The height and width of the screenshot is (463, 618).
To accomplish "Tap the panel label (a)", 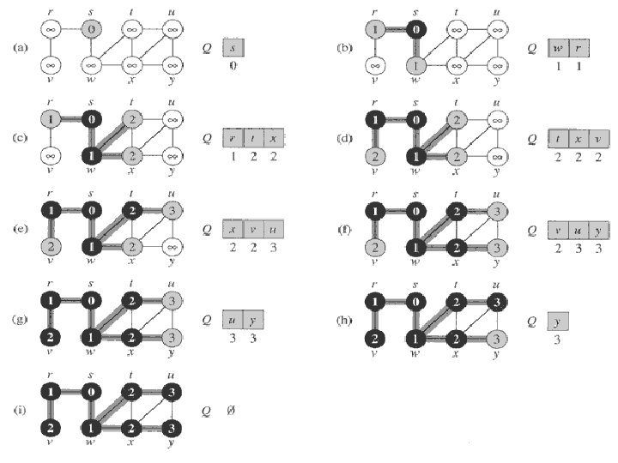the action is tap(21, 46).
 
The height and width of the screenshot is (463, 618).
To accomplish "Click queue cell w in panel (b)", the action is tap(557, 47).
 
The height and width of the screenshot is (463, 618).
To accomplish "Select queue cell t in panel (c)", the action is tap(253, 136).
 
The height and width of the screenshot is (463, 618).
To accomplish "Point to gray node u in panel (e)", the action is tap(171, 211).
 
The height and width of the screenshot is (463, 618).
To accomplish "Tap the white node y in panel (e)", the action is tap(171, 247).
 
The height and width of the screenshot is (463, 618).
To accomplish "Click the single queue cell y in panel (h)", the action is tap(557, 321).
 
